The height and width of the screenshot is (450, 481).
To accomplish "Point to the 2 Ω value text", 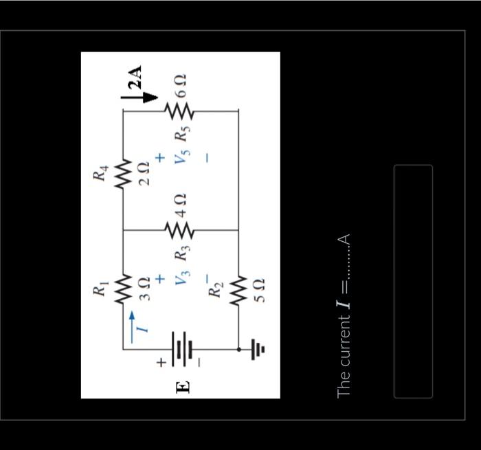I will coord(144,170).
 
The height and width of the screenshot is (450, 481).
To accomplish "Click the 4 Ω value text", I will coord(181,205).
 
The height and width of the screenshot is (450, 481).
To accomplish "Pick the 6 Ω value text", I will coord(181,87).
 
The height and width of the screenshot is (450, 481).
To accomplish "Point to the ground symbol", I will coord(258,350).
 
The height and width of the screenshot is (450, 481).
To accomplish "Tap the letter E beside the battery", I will coord(183,387).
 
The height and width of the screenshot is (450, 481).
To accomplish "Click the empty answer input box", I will coord(413,281).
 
